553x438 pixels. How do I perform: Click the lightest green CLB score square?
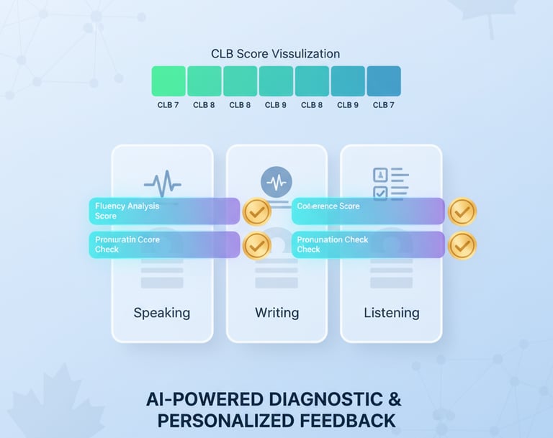pyautogui.click(x=168, y=81)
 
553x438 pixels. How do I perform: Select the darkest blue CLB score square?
pyautogui.click(x=384, y=81)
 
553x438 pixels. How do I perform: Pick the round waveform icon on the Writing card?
pyautogui.click(x=276, y=182)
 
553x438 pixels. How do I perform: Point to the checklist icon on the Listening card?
pyautogui.click(x=390, y=183)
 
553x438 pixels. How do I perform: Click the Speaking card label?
pyautogui.click(x=162, y=313)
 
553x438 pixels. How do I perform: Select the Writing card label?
pyautogui.click(x=276, y=313)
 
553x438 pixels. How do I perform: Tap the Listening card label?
pyautogui.click(x=391, y=313)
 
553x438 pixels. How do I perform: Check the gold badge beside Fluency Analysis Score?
pyautogui.click(x=256, y=211)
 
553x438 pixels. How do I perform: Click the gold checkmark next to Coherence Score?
pyautogui.click(x=462, y=211)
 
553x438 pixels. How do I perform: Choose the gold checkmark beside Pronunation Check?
pyautogui.click(x=462, y=245)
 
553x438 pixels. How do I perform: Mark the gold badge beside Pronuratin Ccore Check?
pyautogui.click(x=256, y=245)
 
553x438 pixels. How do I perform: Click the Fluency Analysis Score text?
pyautogui.click(x=127, y=211)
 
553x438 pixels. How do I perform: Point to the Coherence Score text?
pyautogui.click(x=328, y=206)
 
